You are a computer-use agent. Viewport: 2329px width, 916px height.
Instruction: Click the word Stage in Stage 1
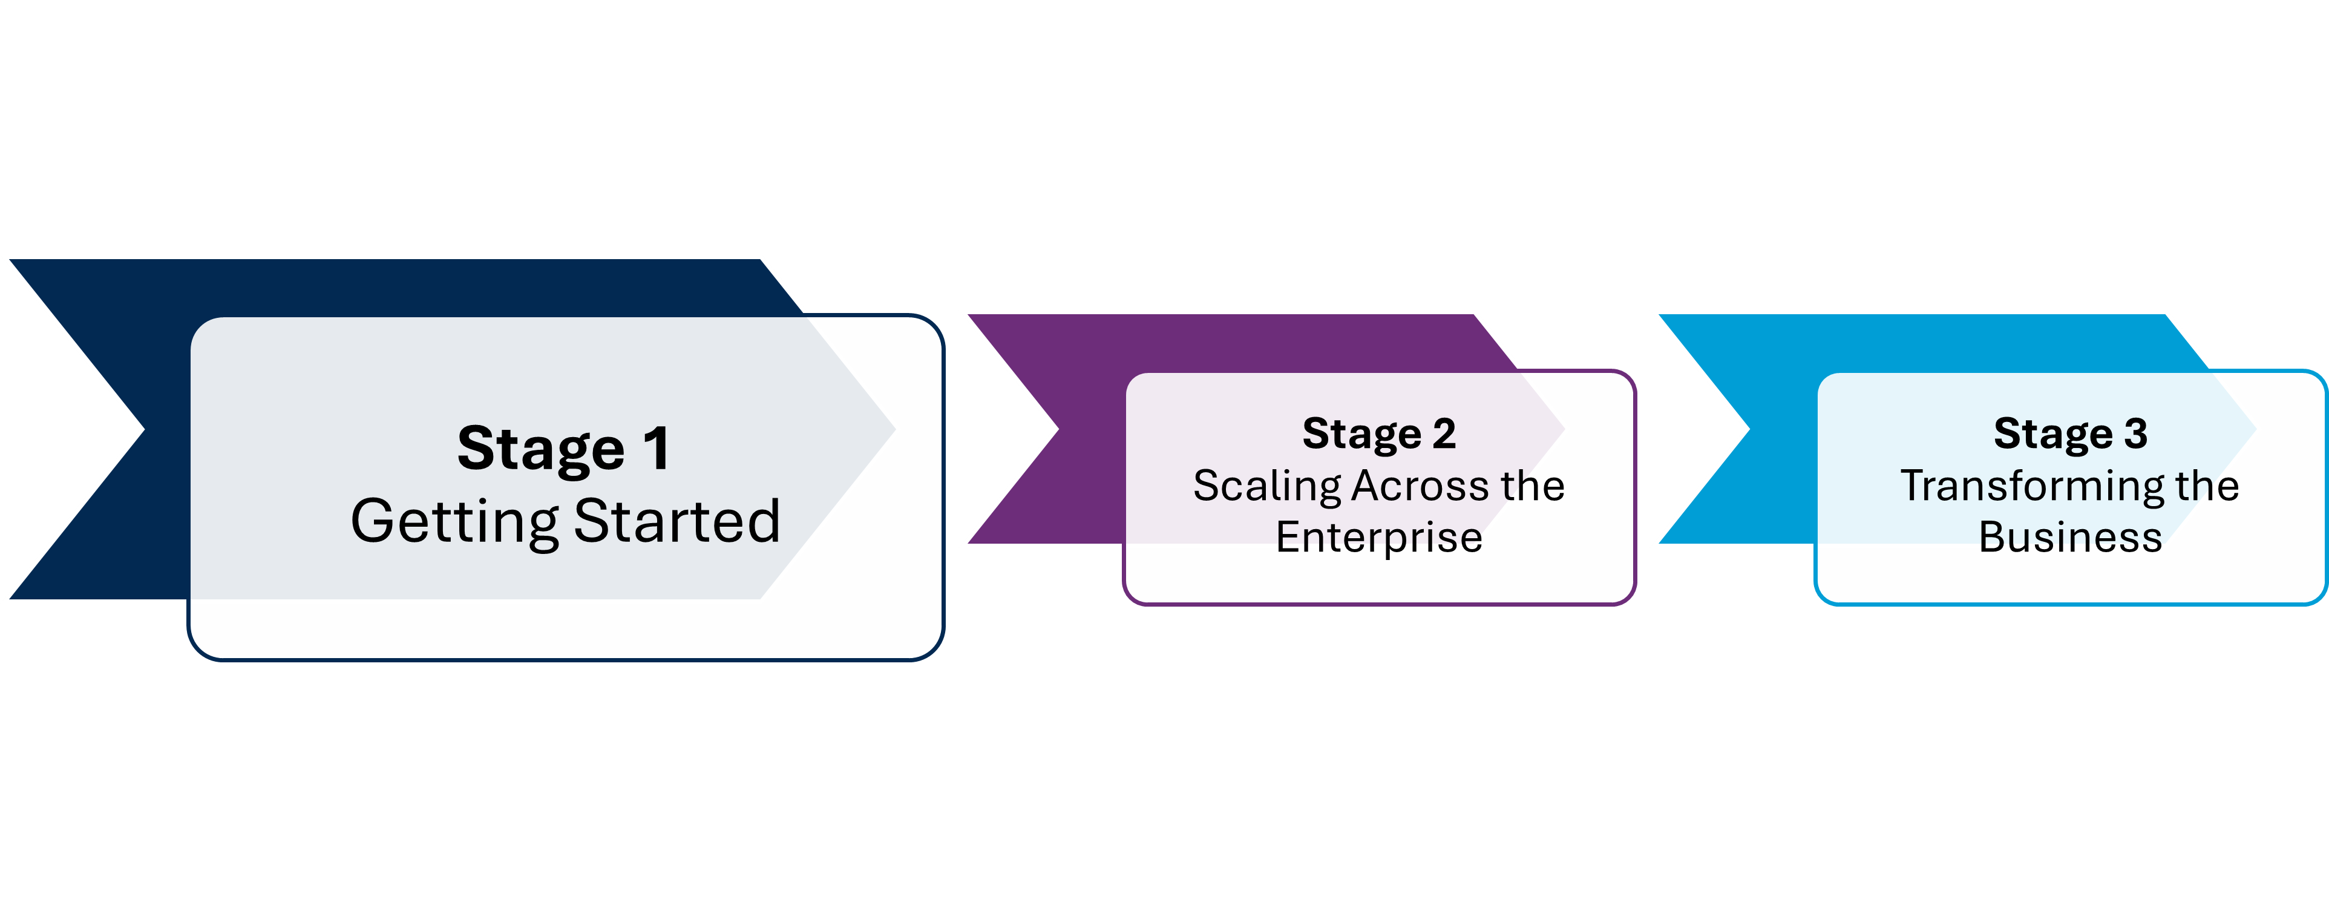pos(541,449)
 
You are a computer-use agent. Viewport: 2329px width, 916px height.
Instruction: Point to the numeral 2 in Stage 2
pos(1443,434)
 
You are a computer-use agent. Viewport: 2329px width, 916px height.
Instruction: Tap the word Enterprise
pos(1379,537)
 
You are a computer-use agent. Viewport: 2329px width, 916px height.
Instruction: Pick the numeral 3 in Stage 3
pos(2135,434)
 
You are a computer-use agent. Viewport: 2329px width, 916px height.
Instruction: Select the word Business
pos(2071,537)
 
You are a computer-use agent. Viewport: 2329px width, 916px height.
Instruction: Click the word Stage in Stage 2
pos(1361,434)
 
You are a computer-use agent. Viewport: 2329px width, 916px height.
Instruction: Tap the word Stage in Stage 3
pos(2053,434)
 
